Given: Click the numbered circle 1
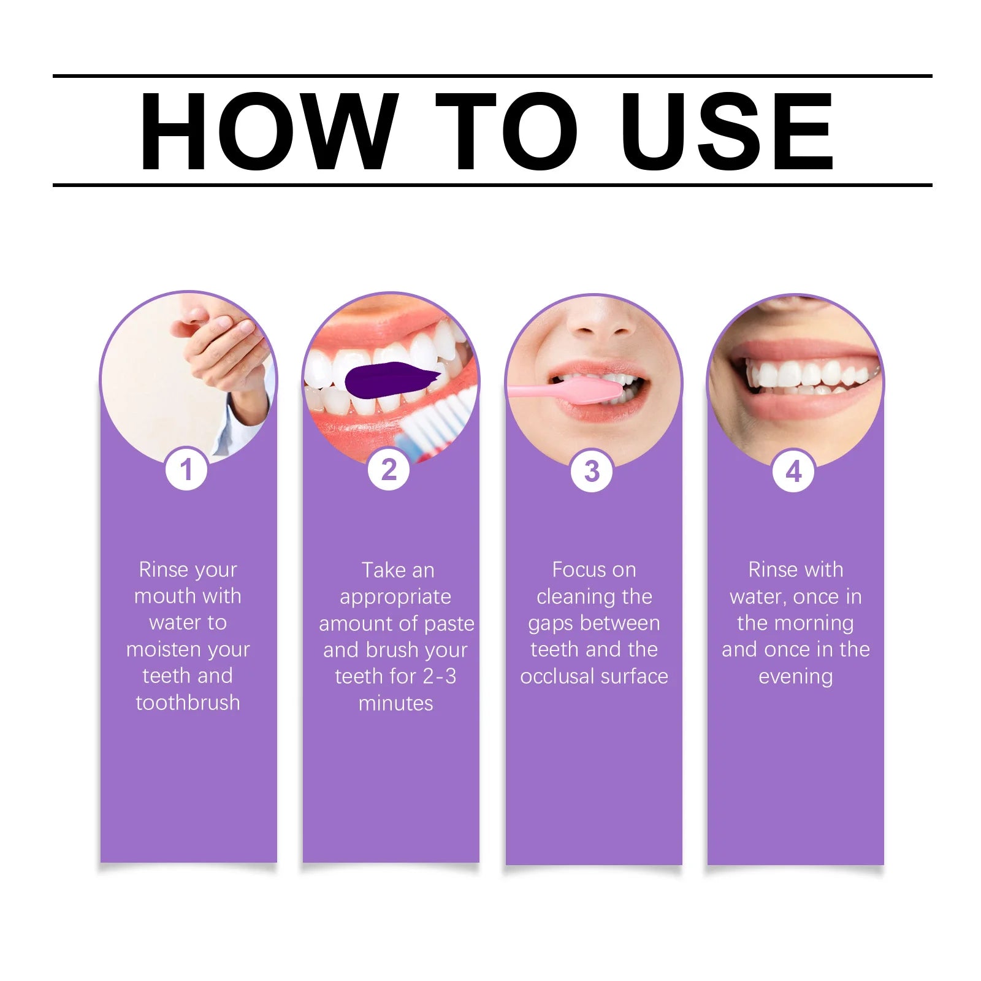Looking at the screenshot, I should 186,470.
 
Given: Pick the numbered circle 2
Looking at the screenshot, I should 389,470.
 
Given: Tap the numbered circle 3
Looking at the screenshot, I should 592,471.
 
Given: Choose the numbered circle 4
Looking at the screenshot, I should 793,471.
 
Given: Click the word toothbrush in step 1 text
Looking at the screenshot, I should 188,703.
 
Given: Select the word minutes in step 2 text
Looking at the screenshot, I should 395,703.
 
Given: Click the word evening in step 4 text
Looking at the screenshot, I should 795,676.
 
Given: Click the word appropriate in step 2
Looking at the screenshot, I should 395,597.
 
